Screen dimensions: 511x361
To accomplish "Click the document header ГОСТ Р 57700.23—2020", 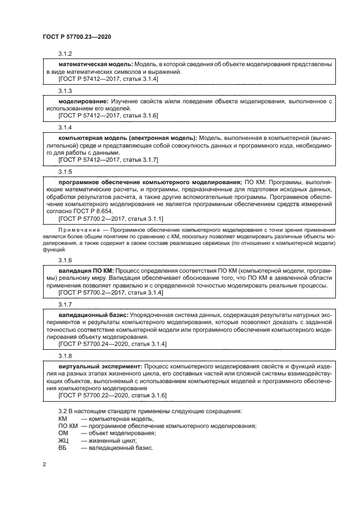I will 78,37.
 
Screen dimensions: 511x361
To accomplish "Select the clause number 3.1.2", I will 66,54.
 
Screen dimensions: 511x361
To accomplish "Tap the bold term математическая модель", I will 95,64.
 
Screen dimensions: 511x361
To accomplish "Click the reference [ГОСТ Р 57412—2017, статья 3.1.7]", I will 108,160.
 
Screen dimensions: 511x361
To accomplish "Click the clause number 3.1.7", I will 66,304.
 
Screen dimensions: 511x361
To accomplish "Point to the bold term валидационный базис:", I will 93,315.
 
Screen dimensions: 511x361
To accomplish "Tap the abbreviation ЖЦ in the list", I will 63,440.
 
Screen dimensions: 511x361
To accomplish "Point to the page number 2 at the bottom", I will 44,464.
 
